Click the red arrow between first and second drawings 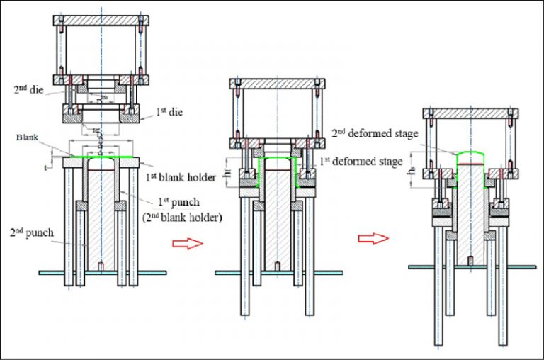pyautogui.click(x=183, y=243)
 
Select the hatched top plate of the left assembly pyautogui.click(x=101, y=21)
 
